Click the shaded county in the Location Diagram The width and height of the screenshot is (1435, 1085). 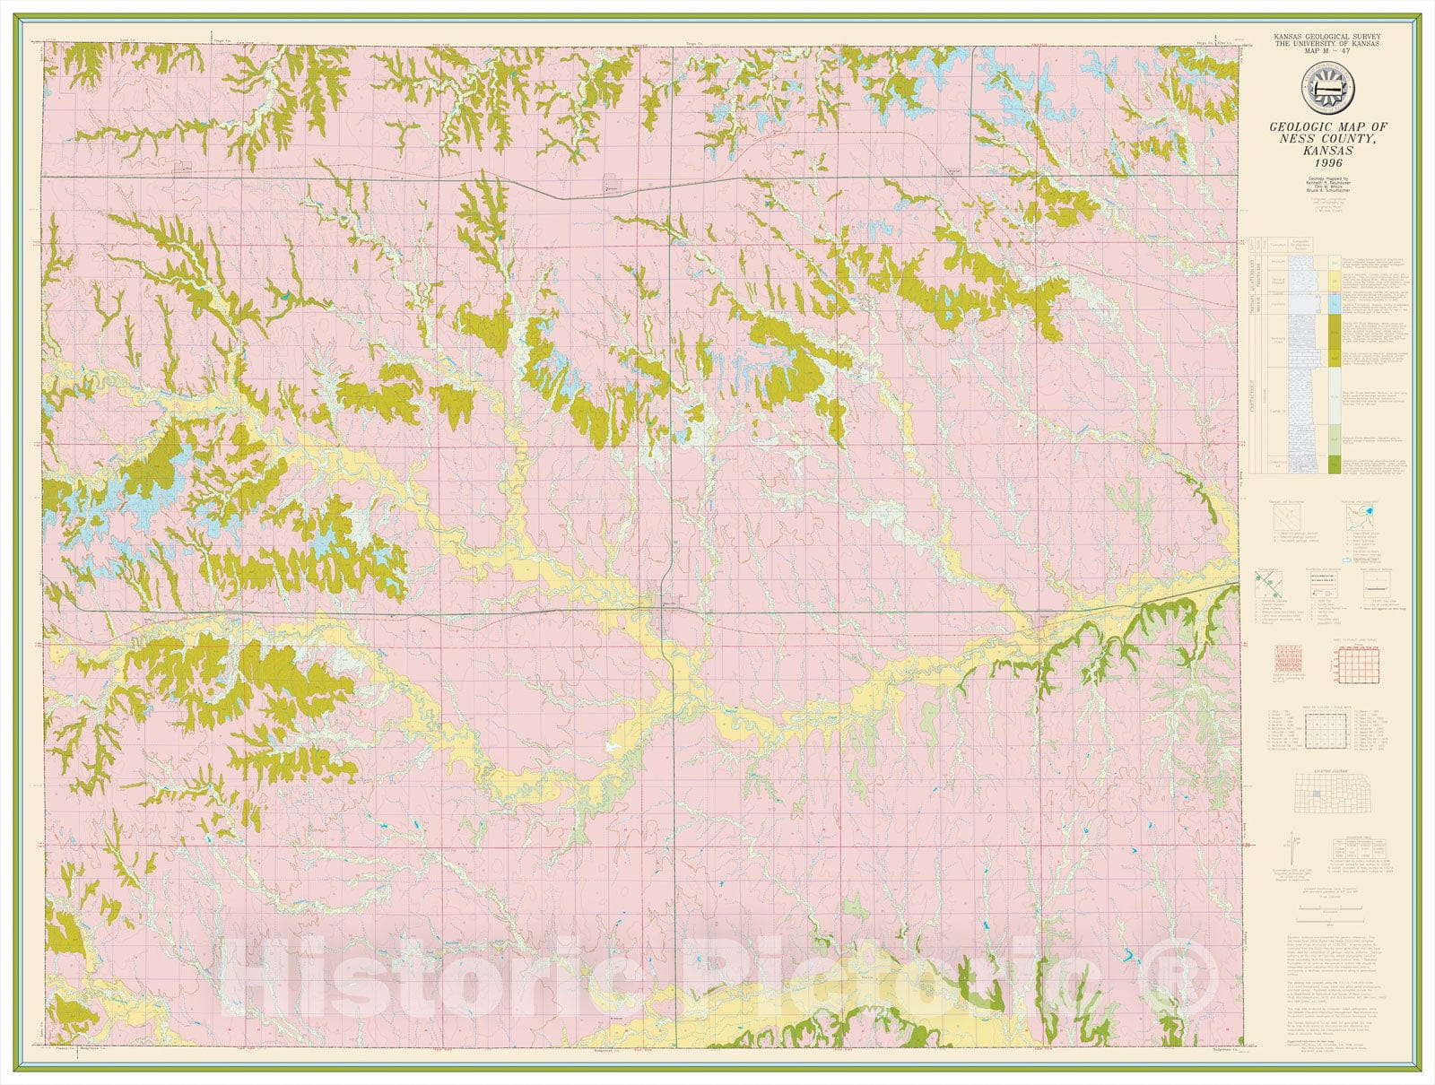1314,794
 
